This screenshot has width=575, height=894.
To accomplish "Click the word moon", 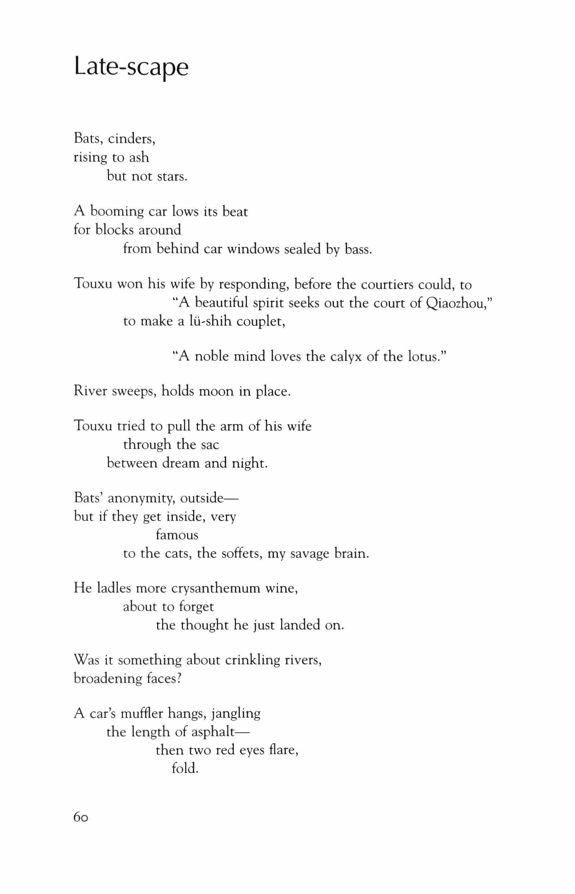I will (216, 392).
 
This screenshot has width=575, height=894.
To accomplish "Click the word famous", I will (177, 535).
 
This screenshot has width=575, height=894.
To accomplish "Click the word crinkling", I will (252, 660).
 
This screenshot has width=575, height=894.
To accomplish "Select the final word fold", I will (185, 769).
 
